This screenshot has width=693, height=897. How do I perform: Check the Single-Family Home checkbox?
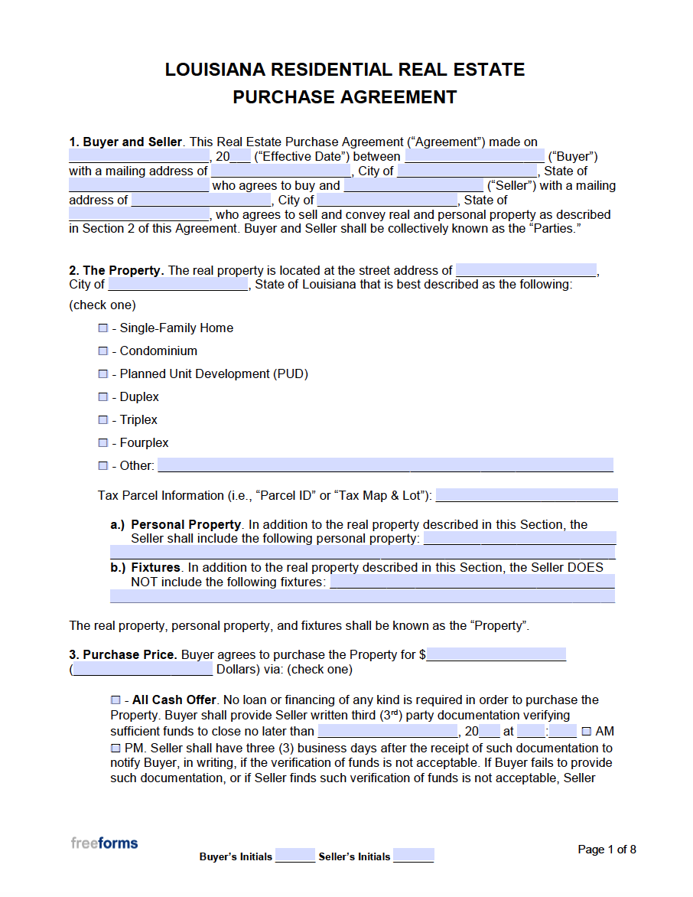coord(103,328)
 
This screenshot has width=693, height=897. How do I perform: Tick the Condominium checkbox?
coord(103,351)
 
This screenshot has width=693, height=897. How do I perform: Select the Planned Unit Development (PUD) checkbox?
coord(103,373)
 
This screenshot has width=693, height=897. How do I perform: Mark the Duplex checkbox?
coord(103,396)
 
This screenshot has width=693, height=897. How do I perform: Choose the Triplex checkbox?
coord(103,419)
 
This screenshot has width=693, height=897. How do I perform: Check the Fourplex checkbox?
coord(103,442)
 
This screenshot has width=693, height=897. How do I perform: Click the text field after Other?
coord(385,465)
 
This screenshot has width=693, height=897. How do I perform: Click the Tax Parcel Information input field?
coord(526,495)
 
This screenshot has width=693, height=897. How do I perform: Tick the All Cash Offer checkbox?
coord(115,700)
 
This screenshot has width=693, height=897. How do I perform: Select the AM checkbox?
coord(587,731)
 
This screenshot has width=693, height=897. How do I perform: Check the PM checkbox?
coord(115,748)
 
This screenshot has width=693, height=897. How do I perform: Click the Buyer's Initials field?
coord(295,856)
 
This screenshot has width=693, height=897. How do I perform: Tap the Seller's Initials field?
coord(414,856)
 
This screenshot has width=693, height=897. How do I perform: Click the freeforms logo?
coord(104,843)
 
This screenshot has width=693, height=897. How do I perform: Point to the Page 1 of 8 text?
coord(607,849)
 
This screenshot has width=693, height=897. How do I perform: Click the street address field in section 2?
coord(525,270)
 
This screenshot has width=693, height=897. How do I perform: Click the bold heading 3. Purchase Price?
coord(123,654)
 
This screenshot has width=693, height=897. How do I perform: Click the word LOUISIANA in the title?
coord(215,70)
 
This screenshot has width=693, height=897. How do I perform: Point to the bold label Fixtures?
coord(155,568)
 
